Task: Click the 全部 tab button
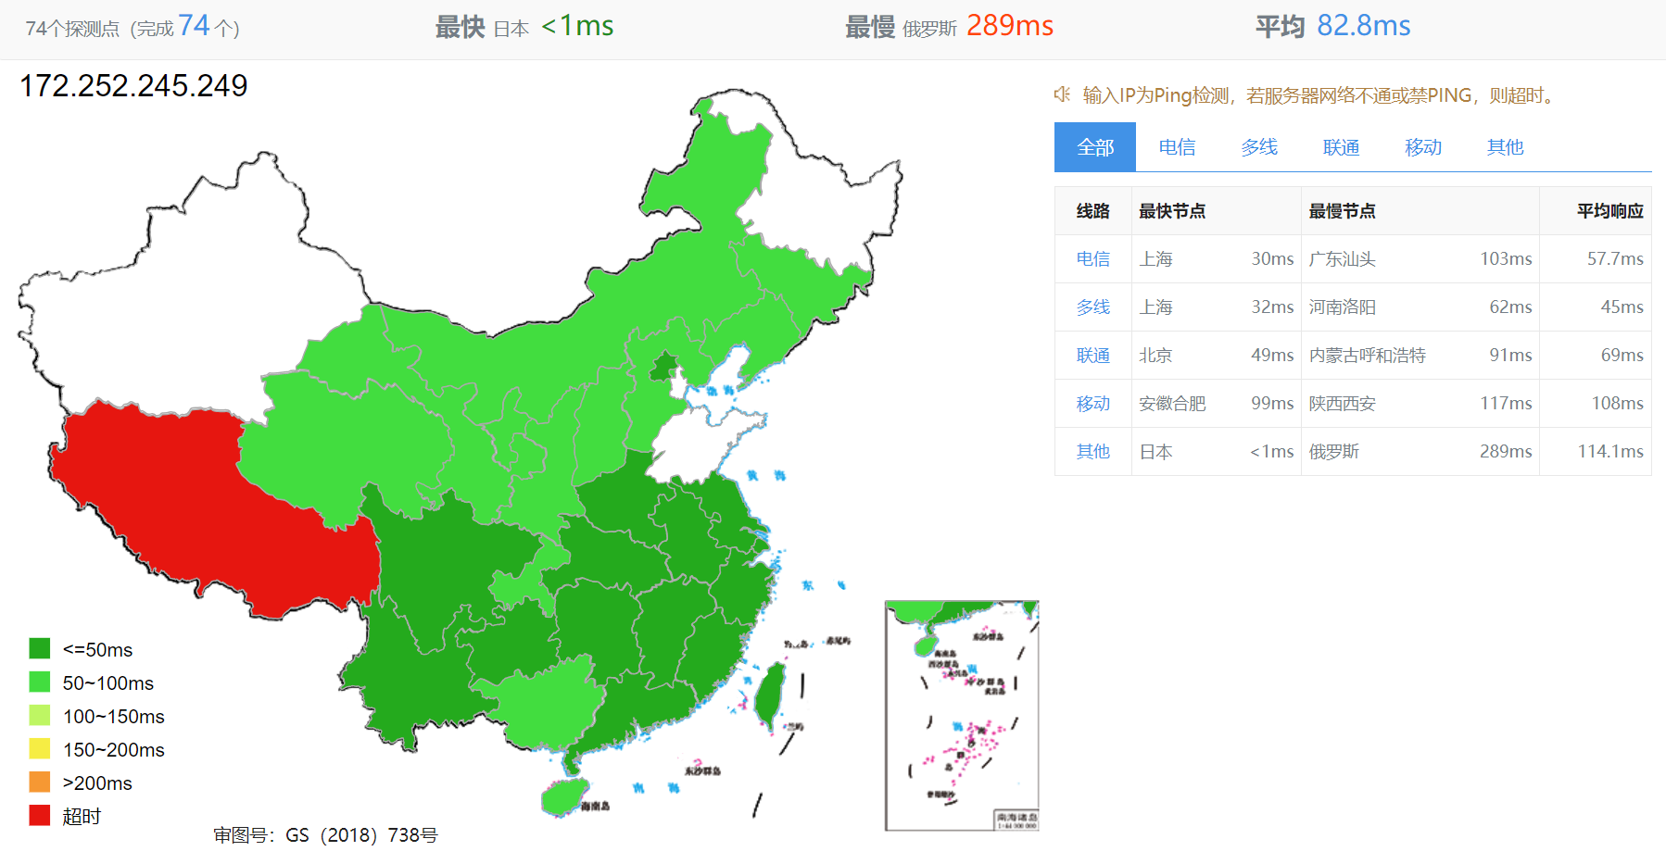pyautogui.click(x=1094, y=147)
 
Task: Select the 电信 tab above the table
pyautogui.click(x=1177, y=147)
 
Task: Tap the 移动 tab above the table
pyautogui.click(x=1422, y=147)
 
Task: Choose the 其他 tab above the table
pyautogui.click(x=1505, y=147)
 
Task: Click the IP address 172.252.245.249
pyautogui.click(x=133, y=86)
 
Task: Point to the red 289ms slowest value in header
pyautogui.click(x=1009, y=26)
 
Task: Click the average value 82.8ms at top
pyautogui.click(x=1363, y=26)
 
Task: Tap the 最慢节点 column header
pyautogui.click(x=1342, y=211)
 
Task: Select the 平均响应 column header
pyautogui.click(x=1609, y=211)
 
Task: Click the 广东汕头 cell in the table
pyautogui.click(x=1342, y=259)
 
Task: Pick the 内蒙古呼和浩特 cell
pyautogui.click(x=1367, y=356)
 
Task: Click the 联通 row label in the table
pyautogui.click(x=1092, y=356)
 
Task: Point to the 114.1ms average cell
pyautogui.click(x=1609, y=452)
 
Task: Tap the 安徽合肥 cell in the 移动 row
pyautogui.click(x=1172, y=404)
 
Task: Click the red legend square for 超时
pyautogui.click(x=40, y=816)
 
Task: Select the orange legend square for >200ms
pyautogui.click(x=40, y=783)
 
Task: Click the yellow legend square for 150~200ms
pyautogui.click(x=40, y=749)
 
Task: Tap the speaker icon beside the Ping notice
pyautogui.click(x=1062, y=94)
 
